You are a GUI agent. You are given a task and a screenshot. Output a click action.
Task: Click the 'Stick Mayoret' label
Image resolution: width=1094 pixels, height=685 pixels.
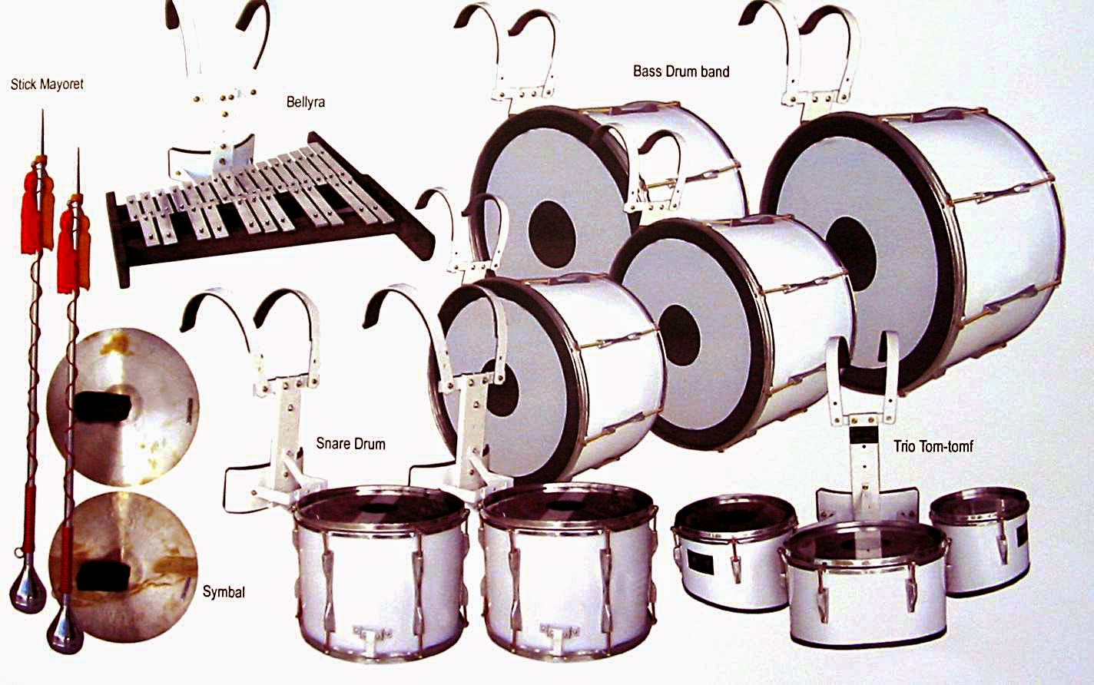point(47,84)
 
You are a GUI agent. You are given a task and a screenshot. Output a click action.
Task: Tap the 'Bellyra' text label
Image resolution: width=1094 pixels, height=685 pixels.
point(305,101)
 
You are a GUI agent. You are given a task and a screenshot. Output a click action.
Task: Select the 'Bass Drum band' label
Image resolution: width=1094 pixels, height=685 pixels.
point(681,71)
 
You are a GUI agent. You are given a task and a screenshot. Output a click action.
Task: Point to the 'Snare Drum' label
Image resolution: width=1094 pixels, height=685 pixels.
point(350,444)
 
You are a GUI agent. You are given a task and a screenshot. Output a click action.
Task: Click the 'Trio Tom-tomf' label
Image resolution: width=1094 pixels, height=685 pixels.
point(933,445)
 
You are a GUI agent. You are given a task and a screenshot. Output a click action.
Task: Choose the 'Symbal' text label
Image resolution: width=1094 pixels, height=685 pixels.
point(224,591)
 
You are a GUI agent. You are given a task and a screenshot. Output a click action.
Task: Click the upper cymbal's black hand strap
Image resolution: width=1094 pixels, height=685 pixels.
point(104,405)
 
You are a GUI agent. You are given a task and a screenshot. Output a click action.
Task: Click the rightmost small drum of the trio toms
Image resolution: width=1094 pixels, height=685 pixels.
point(979,538)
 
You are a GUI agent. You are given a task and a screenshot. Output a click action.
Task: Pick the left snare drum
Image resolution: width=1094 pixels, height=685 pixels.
point(381,568)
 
